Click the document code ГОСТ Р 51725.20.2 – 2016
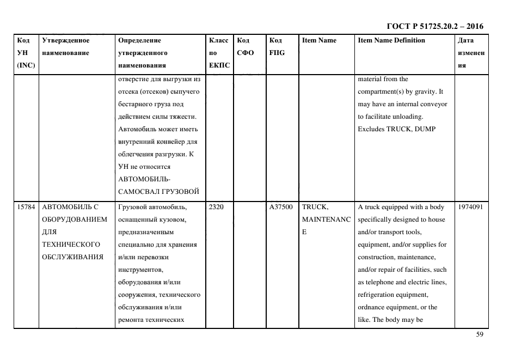(x=434, y=26)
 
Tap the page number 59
(x=480, y=335)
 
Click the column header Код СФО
(x=243, y=47)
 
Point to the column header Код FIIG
(x=277, y=47)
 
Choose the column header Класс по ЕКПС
(x=219, y=53)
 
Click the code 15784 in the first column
(x=26, y=207)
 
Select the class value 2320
(x=216, y=207)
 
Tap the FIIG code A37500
(x=281, y=207)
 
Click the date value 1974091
(x=471, y=207)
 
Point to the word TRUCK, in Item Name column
(x=315, y=207)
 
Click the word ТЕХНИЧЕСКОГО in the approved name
(x=70, y=245)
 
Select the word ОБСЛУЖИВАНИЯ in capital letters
(x=72, y=257)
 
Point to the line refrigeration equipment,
(x=393, y=295)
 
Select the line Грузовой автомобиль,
(x=152, y=207)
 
